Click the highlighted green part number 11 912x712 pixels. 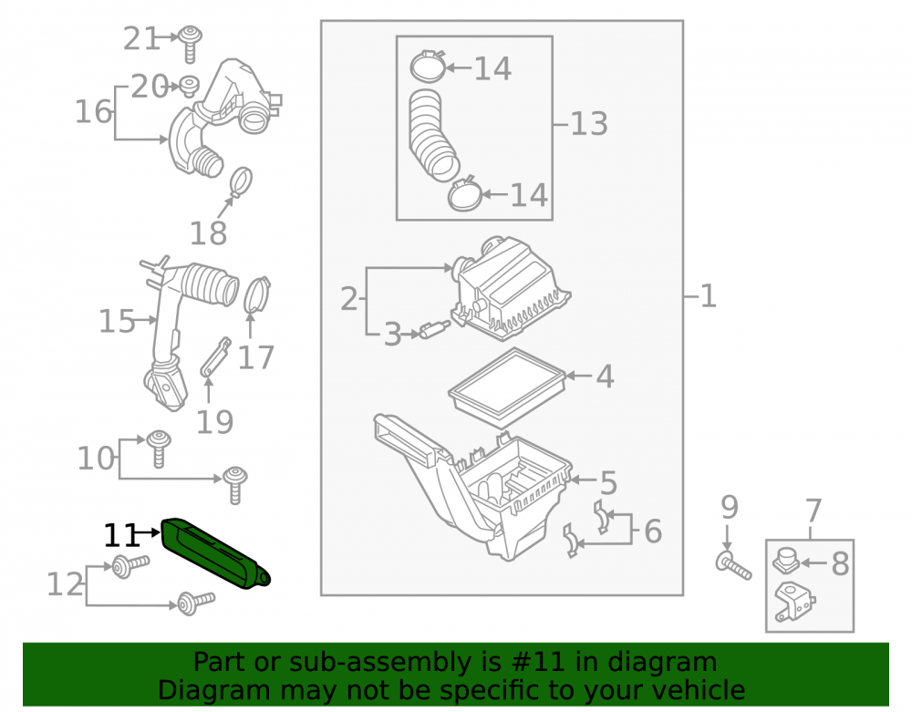(x=215, y=552)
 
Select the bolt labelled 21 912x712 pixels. (x=189, y=44)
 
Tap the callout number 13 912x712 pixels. (x=588, y=124)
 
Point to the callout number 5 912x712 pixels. (x=607, y=482)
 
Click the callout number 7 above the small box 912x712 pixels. (x=813, y=511)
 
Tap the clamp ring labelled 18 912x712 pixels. (x=241, y=182)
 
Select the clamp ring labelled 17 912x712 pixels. (x=257, y=295)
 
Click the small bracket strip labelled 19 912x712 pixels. (x=216, y=356)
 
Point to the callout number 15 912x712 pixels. (x=117, y=321)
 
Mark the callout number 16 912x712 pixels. (x=93, y=111)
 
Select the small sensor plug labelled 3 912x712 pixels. (x=434, y=330)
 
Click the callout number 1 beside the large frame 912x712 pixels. (x=708, y=296)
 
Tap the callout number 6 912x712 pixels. (x=653, y=531)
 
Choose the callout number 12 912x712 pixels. (x=65, y=584)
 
